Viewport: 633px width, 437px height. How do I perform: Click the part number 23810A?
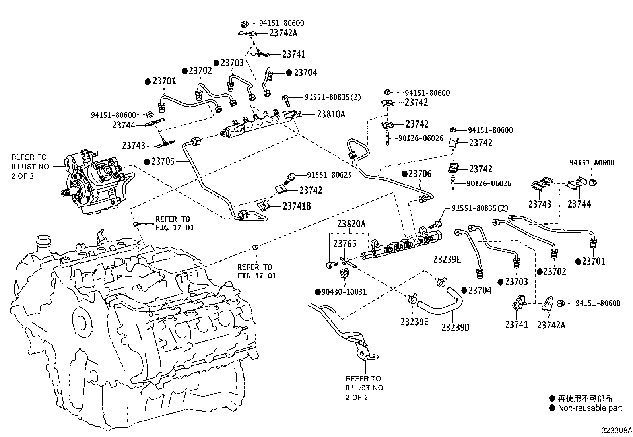tap(331, 114)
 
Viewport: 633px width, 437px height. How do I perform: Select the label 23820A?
tap(351, 224)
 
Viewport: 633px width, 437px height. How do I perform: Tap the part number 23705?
tap(162, 162)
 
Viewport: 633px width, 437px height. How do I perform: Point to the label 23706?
tap(420, 174)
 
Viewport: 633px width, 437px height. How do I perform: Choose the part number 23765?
tap(345, 244)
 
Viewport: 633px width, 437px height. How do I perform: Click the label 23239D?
tap(455, 327)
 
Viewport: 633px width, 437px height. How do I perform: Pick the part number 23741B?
tap(297, 206)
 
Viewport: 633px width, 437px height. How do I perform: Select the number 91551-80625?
tap(329, 175)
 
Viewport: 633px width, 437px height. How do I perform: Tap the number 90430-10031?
tap(344, 292)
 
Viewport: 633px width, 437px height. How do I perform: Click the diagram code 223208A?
tap(616, 430)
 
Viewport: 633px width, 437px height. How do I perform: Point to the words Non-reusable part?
tap(590, 408)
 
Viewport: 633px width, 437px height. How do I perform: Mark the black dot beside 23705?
tap(147, 162)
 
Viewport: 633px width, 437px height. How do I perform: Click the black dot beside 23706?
tap(404, 174)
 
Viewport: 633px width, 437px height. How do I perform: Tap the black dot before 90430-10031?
tap(318, 292)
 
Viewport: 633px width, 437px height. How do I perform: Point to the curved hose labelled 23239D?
tap(441, 304)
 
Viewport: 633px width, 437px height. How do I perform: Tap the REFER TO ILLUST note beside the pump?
tap(30, 167)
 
